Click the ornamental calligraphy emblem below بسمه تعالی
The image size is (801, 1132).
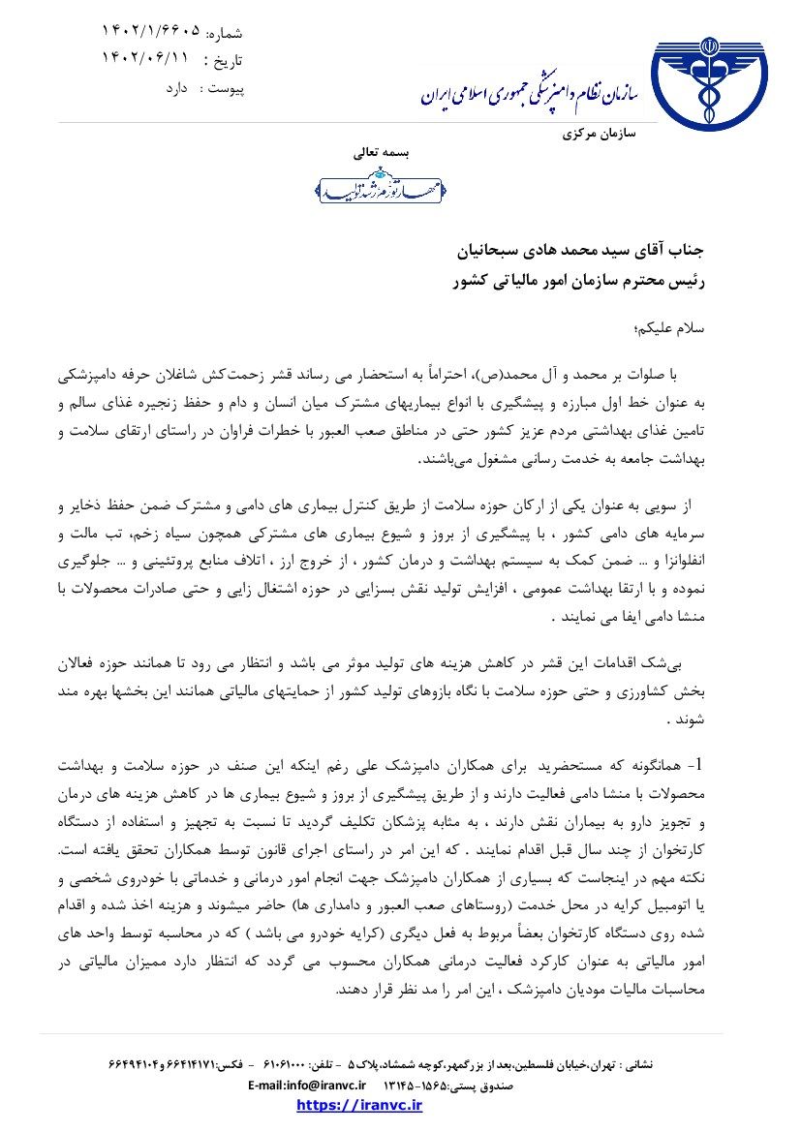point(381,185)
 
